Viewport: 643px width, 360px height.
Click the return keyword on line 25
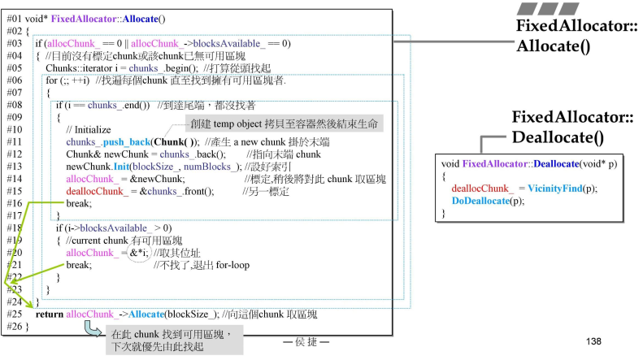pos(50,313)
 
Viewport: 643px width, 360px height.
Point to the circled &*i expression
pos(139,253)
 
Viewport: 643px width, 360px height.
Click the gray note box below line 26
pos(171,340)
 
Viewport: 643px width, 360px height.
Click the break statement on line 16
pos(79,202)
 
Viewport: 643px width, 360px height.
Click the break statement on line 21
pos(79,265)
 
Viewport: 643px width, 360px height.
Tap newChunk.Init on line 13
pos(96,166)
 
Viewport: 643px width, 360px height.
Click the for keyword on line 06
pos(50,80)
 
